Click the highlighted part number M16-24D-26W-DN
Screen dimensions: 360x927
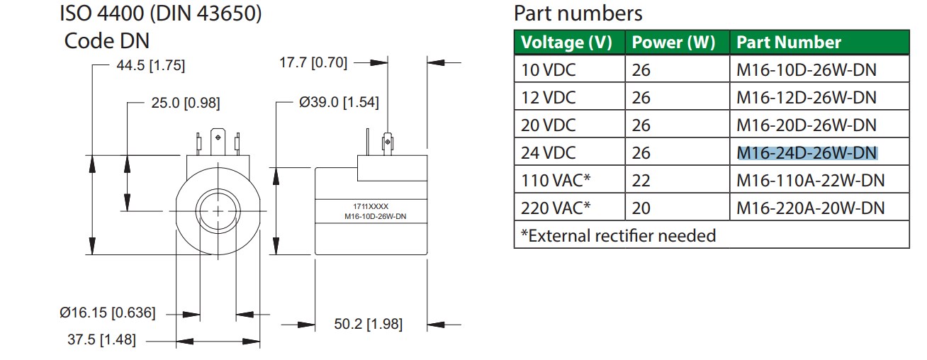coord(807,153)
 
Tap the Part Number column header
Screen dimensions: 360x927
coord(788,43)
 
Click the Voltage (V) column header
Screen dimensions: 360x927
coord(566,43)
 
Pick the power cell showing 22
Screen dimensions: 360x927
coord(641,181)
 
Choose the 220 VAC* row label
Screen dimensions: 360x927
coord(556,208)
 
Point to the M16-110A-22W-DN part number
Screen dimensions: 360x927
coord(810,181)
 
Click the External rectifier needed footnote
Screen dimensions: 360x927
coord(618,235)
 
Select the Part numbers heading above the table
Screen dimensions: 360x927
coord(578,13)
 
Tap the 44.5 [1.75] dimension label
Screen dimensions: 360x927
coord(150,66)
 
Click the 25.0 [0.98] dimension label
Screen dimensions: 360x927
coord(185,103)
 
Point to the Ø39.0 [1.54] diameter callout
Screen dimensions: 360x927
coord(338,103)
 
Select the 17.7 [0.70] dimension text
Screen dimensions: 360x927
coord(313,63)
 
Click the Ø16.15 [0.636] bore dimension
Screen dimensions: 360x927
coord(107,313)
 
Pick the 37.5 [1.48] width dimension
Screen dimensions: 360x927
coord(101,340)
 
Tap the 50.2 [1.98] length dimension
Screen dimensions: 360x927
coord(368,325)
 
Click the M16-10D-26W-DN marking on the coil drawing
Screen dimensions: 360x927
coord(370,216)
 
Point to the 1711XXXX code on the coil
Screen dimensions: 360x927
coord(370,206)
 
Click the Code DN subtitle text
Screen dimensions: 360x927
coord(107,40)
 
